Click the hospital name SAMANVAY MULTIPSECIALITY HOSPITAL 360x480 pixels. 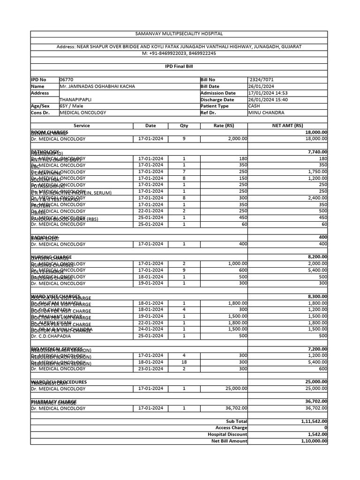[x=179, y=34]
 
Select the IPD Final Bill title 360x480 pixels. [x=179, y=67]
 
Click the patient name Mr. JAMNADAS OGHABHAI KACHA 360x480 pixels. [x=97, y=87]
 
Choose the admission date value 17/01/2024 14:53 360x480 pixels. [x=268, y=93]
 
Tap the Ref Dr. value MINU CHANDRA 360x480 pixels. [x=263, y=113]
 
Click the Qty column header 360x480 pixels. [x=184, y=126]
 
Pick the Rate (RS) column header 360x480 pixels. [x=224, y=126]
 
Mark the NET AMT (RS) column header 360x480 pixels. [x=287, y=126]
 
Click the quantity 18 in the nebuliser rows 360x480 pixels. [x=184, y=362]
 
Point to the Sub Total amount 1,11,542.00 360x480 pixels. [x=314, y=421]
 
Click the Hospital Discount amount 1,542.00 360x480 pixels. [x=317, y=435]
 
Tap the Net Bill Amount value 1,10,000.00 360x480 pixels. [x=314, y=441]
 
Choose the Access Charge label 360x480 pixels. [x=231, y=428]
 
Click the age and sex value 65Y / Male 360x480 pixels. [x=71, y=106]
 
